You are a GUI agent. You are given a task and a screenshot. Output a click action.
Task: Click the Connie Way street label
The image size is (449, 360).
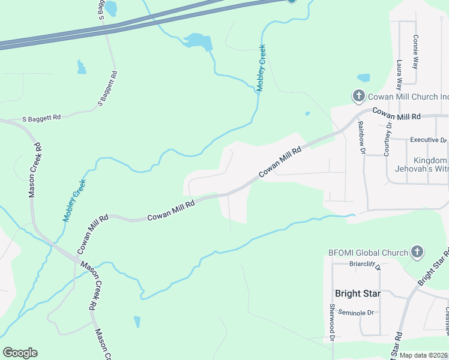point(415,52)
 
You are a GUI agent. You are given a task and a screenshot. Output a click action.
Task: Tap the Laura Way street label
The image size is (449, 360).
point(400,74)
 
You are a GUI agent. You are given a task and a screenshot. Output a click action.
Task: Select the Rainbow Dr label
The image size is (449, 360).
point(361,138)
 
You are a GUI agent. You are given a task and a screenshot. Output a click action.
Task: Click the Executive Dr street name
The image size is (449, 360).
point(428,140)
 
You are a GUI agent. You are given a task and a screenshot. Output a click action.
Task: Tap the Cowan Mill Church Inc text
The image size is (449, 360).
point(408,96)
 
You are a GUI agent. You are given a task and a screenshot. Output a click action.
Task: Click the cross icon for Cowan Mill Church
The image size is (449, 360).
point(358,96)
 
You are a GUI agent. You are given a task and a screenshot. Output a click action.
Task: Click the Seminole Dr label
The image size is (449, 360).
point(356,313)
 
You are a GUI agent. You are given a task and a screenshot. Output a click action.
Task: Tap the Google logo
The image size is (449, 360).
point(20,353)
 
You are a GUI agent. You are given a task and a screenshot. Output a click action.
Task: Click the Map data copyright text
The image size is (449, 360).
point(424,355)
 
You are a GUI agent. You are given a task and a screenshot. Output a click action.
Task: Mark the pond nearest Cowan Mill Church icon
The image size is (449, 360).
point(364,78)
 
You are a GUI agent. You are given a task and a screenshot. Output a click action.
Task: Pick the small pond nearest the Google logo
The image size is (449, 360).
point(137,322)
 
